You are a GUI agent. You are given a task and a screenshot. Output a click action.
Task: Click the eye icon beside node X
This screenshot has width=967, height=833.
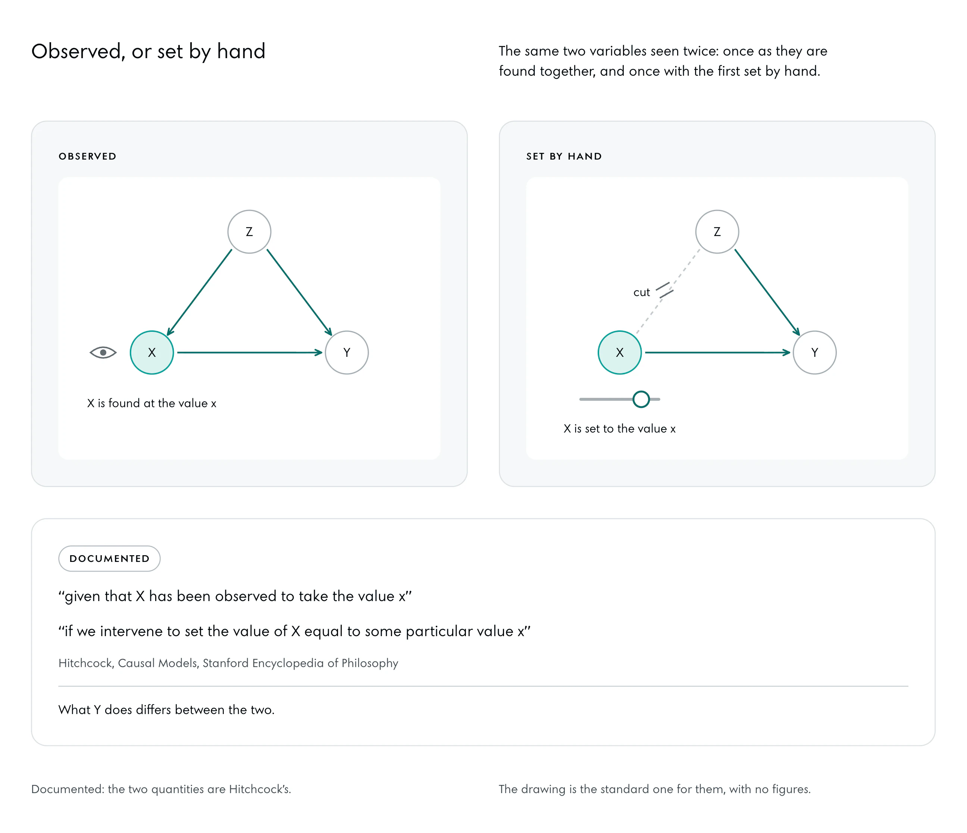click(x=103, y=353)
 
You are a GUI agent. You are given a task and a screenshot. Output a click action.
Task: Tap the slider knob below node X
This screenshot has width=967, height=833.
click(x=641, y=399)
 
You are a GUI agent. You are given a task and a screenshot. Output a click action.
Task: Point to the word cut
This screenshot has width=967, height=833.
click(x=642, y=292)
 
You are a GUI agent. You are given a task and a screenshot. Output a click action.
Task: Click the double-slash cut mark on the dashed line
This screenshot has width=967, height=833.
click(x=664, y=290)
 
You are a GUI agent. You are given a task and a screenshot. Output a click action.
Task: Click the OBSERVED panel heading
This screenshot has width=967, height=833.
click(x=88, y=156)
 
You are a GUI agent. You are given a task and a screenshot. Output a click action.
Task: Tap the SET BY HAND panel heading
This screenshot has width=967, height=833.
click(x=564, y=156)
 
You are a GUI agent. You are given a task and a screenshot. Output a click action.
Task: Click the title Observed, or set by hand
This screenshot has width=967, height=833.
click(x=148, y=51)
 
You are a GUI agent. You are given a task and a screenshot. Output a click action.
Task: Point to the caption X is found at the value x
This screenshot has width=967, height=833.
click(x=152, y=403)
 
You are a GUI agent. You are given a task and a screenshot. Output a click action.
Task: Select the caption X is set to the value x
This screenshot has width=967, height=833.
click(x=620, y=429)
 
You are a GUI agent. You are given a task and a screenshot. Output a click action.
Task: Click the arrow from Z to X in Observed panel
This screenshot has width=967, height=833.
click(x=199, y=292)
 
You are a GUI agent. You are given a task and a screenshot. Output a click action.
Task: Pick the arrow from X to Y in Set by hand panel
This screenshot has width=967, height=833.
click(x=718, y=353)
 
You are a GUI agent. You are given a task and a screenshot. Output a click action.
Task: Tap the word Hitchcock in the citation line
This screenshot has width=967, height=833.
click(x=86, y=663)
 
